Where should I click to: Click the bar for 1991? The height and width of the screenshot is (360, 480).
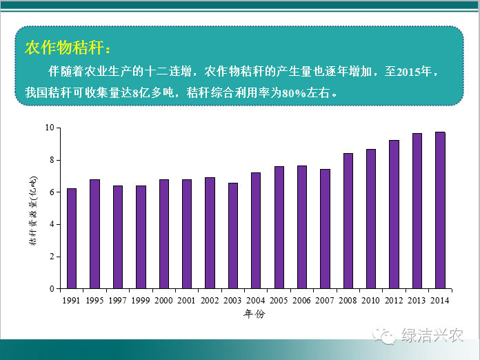click(x=72, y=239)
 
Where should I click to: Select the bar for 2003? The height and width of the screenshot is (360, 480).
click(x=233, y=236)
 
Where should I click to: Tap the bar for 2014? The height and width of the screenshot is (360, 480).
click(x=440, y=210)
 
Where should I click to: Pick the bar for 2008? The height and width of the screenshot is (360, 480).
click(x=348, y=221)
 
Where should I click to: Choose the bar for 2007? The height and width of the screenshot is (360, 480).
click(x=325, y=229)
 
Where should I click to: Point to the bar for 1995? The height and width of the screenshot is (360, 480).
click(x=94, y=234)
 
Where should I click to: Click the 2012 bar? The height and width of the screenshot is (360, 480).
click(x=394, y=214)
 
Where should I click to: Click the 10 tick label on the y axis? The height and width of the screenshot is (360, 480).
click(x=50, y=128)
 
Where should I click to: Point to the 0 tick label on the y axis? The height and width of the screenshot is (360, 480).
click(x=52, y=289)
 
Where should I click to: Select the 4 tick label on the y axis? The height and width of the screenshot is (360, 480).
click(x=52, y=224)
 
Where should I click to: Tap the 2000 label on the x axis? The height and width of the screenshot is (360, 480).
click(x=163, y=301)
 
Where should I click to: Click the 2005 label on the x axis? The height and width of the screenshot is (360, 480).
click(x=279, y=301)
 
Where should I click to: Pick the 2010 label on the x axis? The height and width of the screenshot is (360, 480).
click(x=370, y=301)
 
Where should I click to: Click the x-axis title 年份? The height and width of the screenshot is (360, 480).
click(x=254, y=314)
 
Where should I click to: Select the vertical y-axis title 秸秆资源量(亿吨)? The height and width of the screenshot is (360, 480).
click(x=33, y=211)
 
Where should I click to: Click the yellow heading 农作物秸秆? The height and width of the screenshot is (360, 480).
click(x=64, y=48)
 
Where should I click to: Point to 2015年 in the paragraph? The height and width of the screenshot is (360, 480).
click(x=414, y=72)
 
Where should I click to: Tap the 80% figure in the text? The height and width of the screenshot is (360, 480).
click(x=294, y=92)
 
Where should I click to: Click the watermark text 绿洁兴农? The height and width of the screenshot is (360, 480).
click(x=432, y=335)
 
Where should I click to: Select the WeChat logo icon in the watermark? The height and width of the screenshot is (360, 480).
click(x=384, y=336)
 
